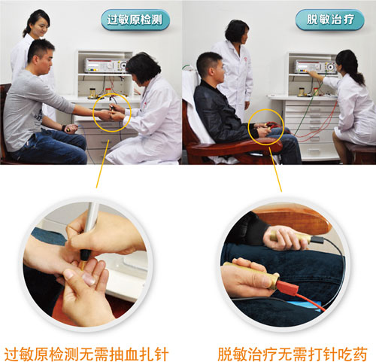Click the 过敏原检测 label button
coord(135,20)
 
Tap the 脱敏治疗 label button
coord(330,20)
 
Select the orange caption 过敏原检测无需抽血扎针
coord(86,354)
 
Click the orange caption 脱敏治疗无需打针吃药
coord(293,354)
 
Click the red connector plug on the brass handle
coord(288,287)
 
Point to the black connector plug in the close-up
coord(317,239)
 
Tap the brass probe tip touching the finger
coord(83,265)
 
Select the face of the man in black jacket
coord(217,71)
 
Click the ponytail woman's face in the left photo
coord(40,28)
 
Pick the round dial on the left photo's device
coord(123,65)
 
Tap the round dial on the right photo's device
coord(332,67)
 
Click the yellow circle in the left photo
coord(93,113)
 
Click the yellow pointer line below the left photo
coord(102,164)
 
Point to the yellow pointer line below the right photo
coord(275,169)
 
